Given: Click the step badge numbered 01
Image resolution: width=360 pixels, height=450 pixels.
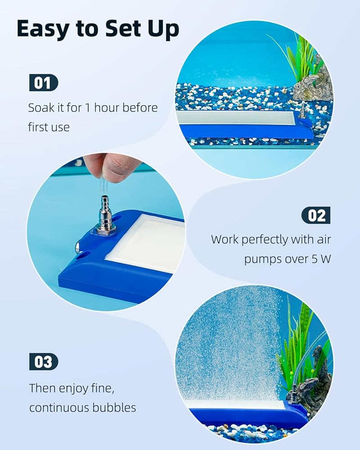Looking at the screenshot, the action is click(44, 83).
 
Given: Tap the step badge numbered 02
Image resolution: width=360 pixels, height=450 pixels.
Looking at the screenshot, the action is click(316, 215).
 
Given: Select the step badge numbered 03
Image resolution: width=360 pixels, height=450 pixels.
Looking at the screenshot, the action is click(44, 362).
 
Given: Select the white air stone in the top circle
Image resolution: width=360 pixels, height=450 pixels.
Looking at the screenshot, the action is click(236, 117).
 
